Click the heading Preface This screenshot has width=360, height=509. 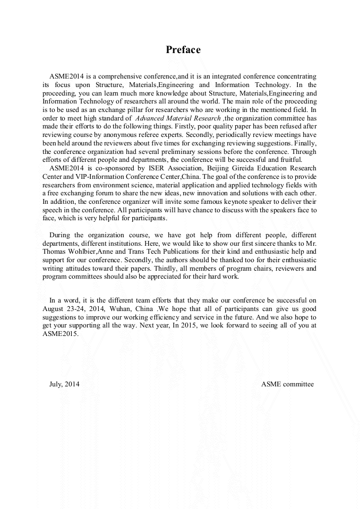pyautogui.click(x=183, y=50)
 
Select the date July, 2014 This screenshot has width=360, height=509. pyautogui.click(x=64, y=384)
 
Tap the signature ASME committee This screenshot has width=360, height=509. pyautogui.click(x=287, y=384)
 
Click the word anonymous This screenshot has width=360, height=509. pyautogui.click(x=116, y=134)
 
